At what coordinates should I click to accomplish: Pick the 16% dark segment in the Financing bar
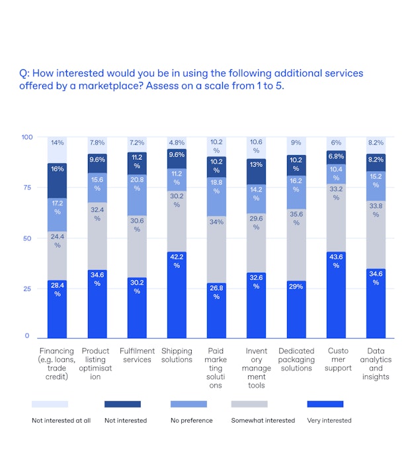58,180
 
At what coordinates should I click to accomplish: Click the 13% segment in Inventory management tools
256,171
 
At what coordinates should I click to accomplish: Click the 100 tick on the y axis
26,137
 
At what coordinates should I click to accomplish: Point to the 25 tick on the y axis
26,289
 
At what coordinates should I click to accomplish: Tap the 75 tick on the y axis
26,188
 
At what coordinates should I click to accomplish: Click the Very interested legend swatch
325,404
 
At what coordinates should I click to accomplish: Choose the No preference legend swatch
188,404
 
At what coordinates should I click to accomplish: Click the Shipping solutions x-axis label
177,355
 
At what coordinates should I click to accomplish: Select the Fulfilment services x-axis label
137,355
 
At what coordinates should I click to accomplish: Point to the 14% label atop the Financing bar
58,143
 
